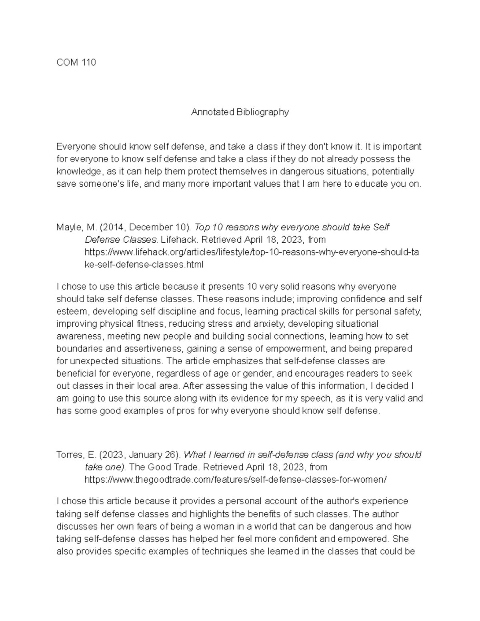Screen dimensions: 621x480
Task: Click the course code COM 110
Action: (76, 62)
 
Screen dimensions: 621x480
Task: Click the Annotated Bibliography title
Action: (240, 112)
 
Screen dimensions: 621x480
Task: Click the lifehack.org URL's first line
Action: (252, 252)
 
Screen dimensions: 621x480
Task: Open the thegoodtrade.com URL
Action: (236, 479)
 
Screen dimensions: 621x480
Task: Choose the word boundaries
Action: (78, 349)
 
